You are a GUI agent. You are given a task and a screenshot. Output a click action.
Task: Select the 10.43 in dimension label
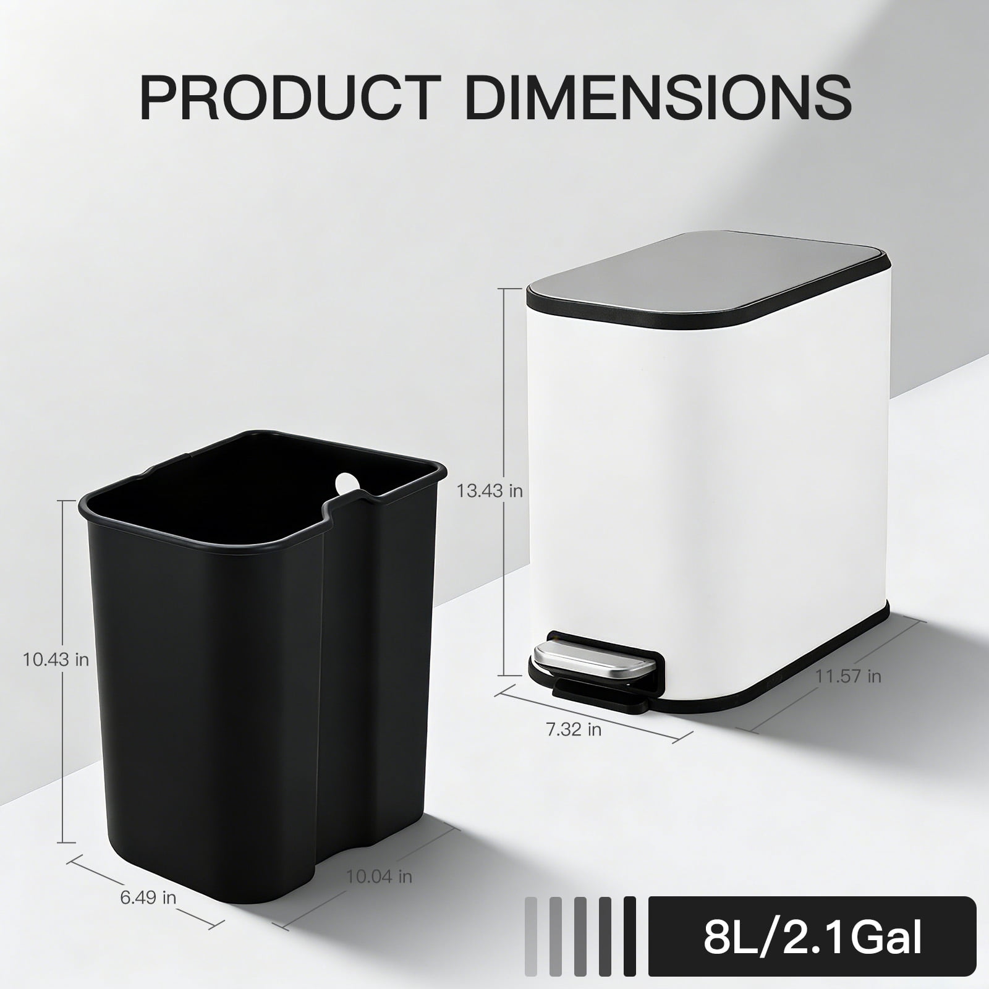tap(56, 660)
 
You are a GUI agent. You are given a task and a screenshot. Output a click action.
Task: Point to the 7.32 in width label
tap(574, 729)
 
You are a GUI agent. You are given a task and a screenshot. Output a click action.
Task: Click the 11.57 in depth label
tap(847, 676)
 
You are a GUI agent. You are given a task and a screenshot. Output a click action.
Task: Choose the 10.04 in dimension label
tap(379, 876)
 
